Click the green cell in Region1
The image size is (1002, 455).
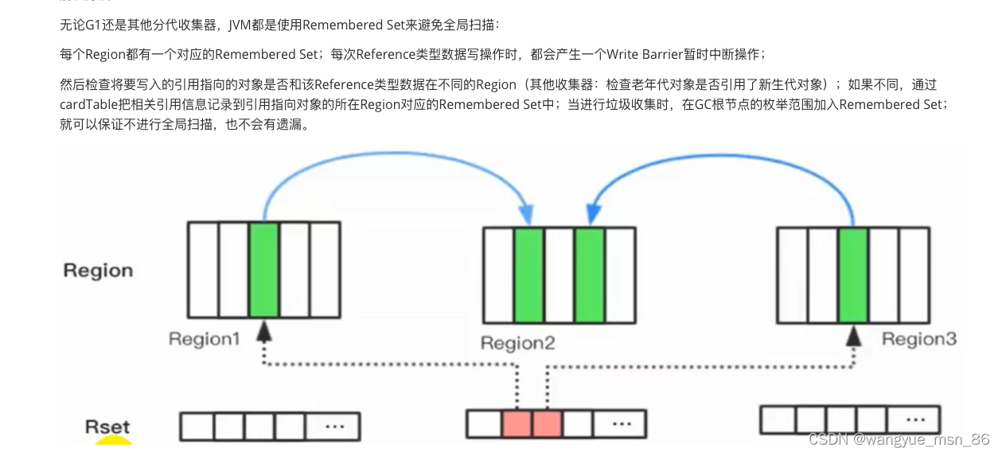pos(263,270)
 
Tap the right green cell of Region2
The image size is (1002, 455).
pos(590,274)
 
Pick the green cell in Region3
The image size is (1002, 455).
pos(853,274)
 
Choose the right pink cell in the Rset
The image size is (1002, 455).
pos(547,423)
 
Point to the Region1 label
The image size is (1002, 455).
pos(204,340)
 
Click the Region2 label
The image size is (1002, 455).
pos(517,344)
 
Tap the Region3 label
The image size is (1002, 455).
pos(918,340)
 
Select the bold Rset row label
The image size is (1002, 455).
pos(107,427)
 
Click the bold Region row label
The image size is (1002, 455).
pos(98,270)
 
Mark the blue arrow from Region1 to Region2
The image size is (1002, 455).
pos(390,159)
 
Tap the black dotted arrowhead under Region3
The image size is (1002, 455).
pos(853,336)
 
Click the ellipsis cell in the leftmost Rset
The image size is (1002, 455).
pos(333,426)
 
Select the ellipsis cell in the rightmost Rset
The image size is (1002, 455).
pos(914,419)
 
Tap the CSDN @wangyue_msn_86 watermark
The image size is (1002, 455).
pos(899,439)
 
